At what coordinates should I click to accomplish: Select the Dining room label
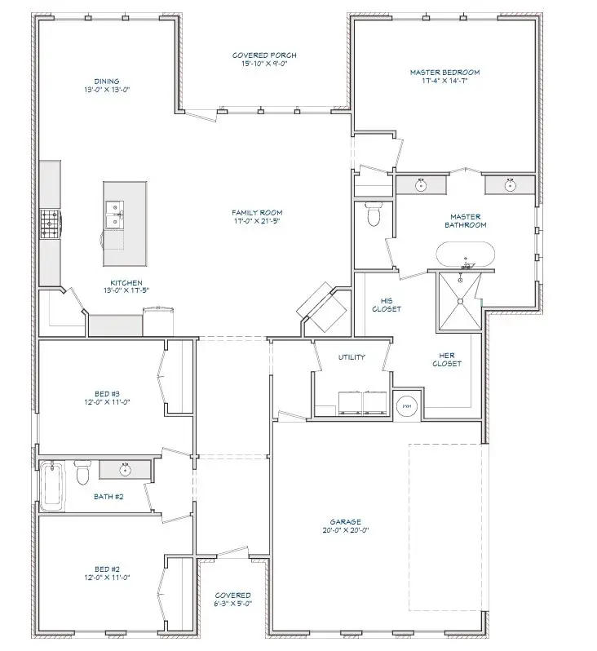tap(106, 86)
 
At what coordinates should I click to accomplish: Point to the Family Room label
tap(257, 217)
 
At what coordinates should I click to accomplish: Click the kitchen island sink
tap(114, 215)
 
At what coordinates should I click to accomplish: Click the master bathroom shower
tap(461, 301)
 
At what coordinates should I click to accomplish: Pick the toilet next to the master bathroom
tap(374, 215)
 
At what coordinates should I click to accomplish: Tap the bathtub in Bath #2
tap(51, 486)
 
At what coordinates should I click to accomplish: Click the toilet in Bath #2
tap(82, 473)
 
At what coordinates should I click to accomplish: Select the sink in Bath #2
tap(126, 470)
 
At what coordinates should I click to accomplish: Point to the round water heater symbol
tap(405, 405)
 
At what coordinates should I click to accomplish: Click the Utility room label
tap(352, 357)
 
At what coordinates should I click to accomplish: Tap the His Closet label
tap(386, 305)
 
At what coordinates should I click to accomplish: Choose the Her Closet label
tap(446, 359)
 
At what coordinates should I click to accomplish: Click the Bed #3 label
tap(108, 397)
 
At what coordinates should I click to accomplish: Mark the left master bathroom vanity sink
tap(421, 185)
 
